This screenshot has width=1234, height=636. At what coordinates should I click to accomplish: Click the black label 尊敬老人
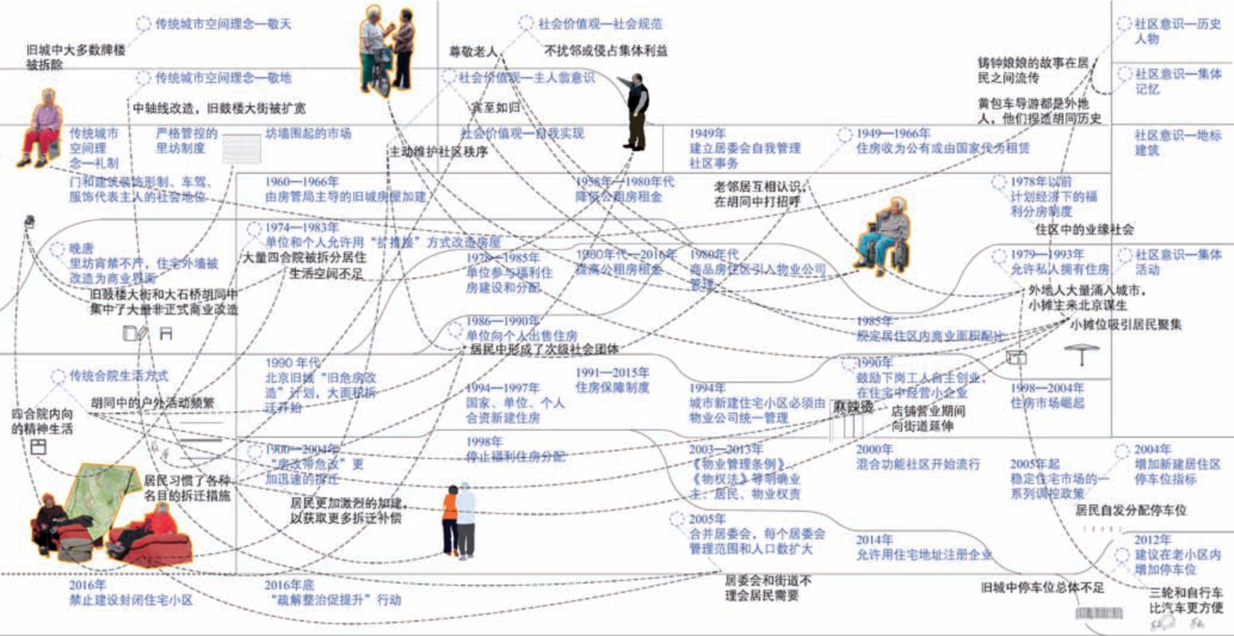tap(473, 52)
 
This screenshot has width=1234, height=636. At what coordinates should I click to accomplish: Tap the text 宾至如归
tap(495, 107)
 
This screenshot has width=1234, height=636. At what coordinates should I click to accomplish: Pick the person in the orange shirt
tap(451, 520)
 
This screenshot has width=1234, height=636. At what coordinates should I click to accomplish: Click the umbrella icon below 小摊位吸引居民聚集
tap(1081, 354)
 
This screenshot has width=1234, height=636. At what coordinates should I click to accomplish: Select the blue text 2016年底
tap(289, 585)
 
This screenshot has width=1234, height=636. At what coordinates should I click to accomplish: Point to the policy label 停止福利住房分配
tap(515, 457)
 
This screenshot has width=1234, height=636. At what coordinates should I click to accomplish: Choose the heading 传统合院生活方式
tap(119, 376)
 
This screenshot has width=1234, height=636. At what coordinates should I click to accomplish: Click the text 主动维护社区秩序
tap(439, 152)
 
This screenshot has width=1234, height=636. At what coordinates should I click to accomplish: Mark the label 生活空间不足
tap(326, 274)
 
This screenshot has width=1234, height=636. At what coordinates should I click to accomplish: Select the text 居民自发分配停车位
tap(1130, 510)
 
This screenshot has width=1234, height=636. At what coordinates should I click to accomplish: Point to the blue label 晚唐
tap(81, 248)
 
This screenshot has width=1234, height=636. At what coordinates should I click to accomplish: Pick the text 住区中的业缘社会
tap(1084, 229)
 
